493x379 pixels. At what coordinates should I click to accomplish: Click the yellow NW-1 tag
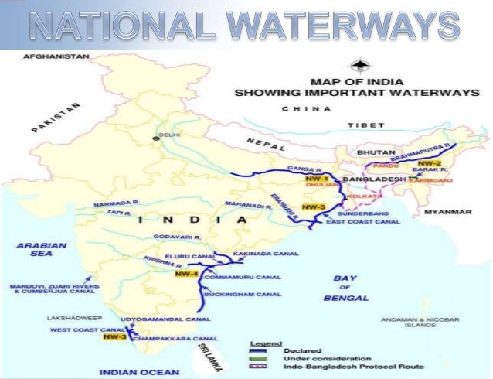tap(307, 179)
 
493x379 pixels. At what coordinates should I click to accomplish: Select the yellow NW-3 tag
tap(114, 337)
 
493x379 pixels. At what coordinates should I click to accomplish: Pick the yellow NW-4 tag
tap(186, 274)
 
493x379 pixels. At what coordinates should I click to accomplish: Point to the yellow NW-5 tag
tap(313, 207)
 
